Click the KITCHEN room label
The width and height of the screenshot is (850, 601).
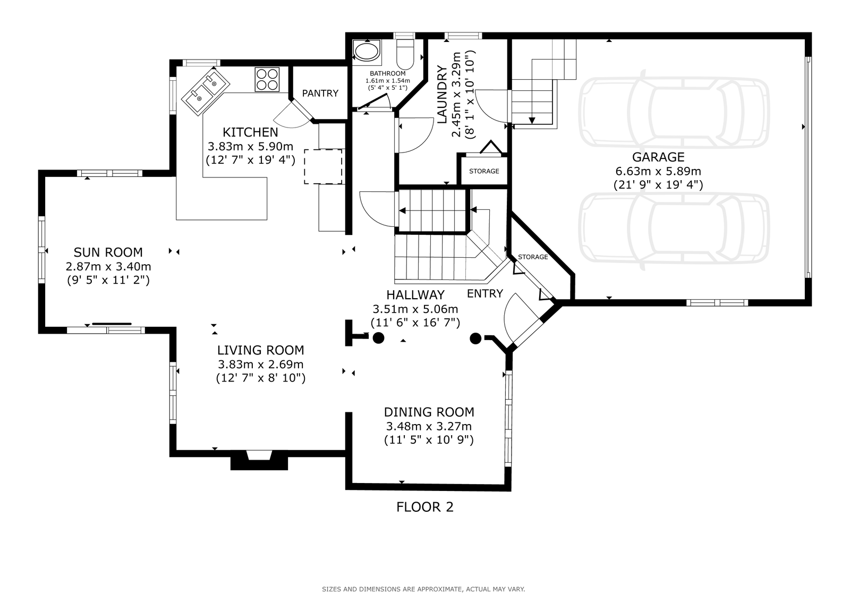click(x=250, y=132)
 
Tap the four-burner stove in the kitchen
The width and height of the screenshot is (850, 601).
click(x=267, y=79)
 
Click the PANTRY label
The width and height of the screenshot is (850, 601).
click(x=320, y=94)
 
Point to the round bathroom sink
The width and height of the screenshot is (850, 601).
click(x=366, y=51)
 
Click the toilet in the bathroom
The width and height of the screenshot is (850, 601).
click(x=405, y=54)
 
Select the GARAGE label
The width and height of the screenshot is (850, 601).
click(x=658, y=157)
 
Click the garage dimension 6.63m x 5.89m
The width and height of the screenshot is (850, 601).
click(x=658, y=171)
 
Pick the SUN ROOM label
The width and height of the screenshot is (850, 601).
click(x=108, y=252)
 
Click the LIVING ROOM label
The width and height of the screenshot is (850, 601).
click(x=261, y=350)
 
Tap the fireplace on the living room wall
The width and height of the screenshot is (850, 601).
click(x=259, y=460)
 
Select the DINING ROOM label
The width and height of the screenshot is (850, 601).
click(x=429, y=412)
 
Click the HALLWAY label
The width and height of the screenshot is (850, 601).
click(x=415, y=295)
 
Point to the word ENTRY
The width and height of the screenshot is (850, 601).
click(x=484, y=294)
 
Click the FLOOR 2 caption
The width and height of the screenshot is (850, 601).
click(x=424, y=507)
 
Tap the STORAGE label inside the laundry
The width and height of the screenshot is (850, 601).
click(x=484, y=171)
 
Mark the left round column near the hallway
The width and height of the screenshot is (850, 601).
click(x=378, y=338)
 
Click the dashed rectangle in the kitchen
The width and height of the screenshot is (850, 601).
click(x=323, y=167)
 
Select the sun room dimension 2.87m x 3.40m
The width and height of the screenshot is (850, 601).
click(x=108, y=267)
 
